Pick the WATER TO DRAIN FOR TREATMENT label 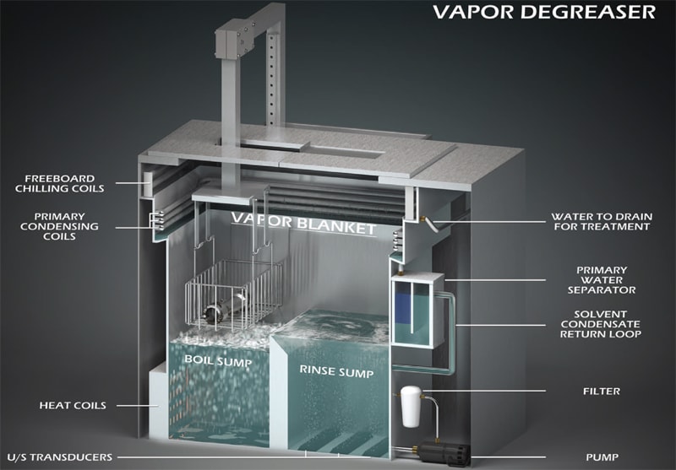(x=601, y=221)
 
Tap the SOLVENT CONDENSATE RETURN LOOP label (x=601, y=324)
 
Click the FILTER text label (x=601, y=391)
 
